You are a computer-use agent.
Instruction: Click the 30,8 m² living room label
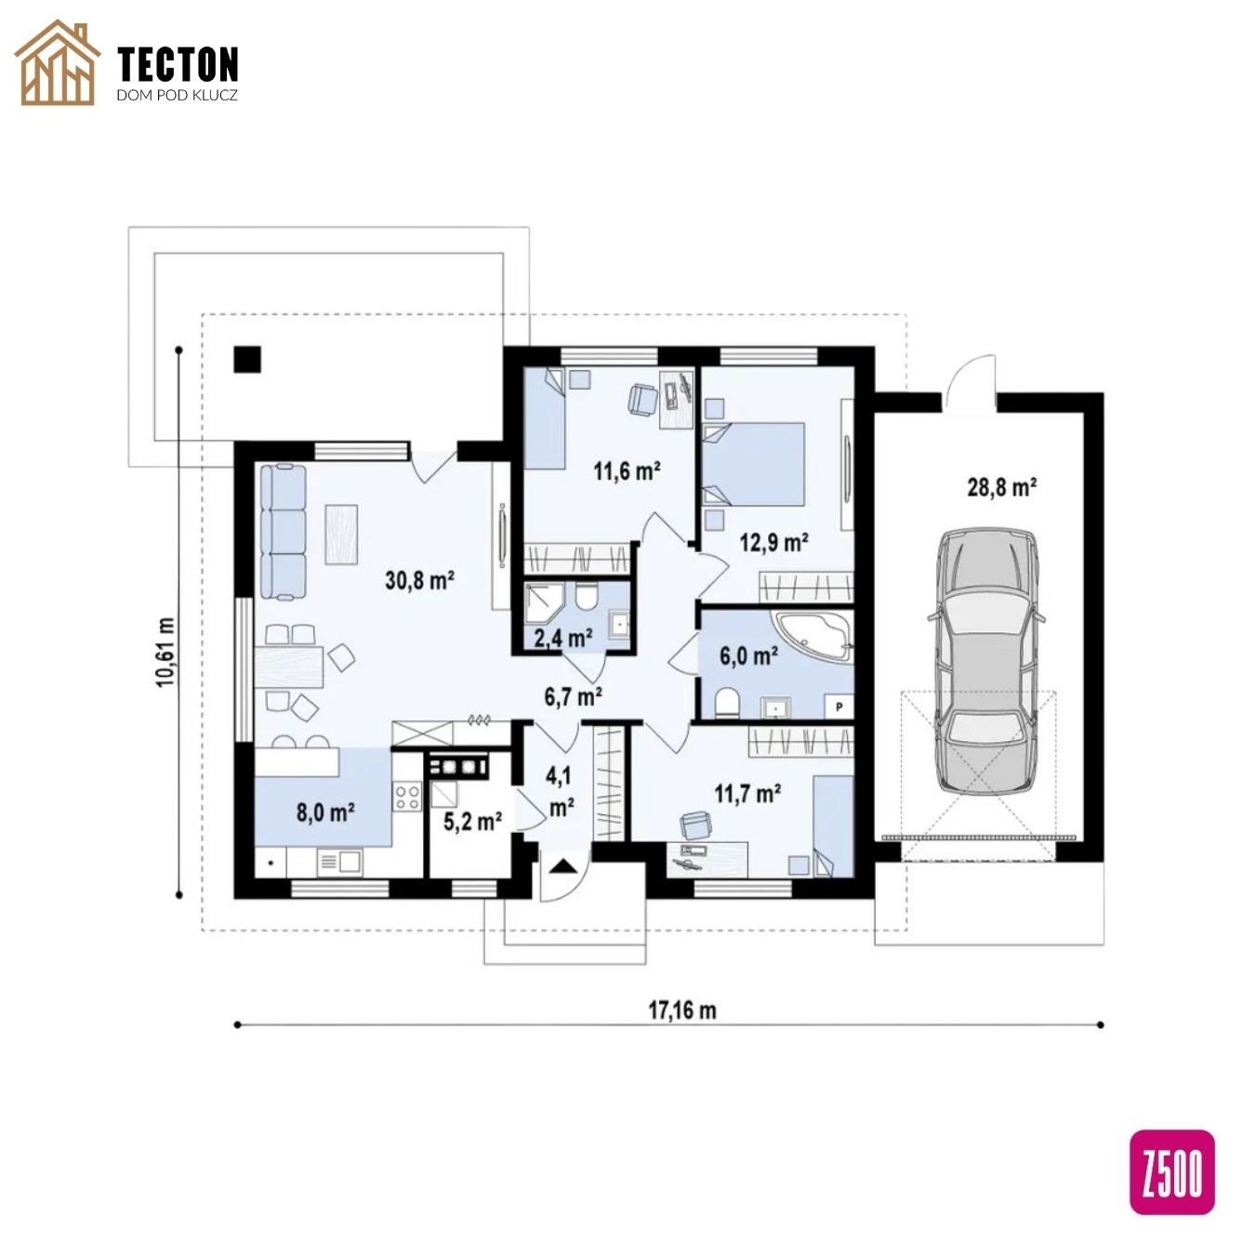[x=419, y=580]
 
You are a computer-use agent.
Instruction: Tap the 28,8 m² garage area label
[x=1001, y=487]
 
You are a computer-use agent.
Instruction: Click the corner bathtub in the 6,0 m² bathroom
[x=814, y=636]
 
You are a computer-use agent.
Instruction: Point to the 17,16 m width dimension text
[x=681, y=1011]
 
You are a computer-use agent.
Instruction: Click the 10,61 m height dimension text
[x=165, y=652]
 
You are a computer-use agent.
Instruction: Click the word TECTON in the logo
[x=178, y=64]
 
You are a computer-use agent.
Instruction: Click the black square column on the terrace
[x=247, y=359]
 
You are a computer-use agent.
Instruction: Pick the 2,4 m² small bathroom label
[x=562, y=638]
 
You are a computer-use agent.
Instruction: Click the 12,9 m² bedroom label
[x=773, y=542]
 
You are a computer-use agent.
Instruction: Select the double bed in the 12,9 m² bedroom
[x=754, y=464]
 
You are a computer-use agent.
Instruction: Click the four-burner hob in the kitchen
[x=408, y=797]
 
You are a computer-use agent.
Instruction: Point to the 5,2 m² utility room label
[x=472, y=821]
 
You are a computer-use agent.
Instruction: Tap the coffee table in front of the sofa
[x=341, y=534]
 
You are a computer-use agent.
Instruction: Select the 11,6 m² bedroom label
[x=627, y=470]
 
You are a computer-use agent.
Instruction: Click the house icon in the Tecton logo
[x=58, y=62]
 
